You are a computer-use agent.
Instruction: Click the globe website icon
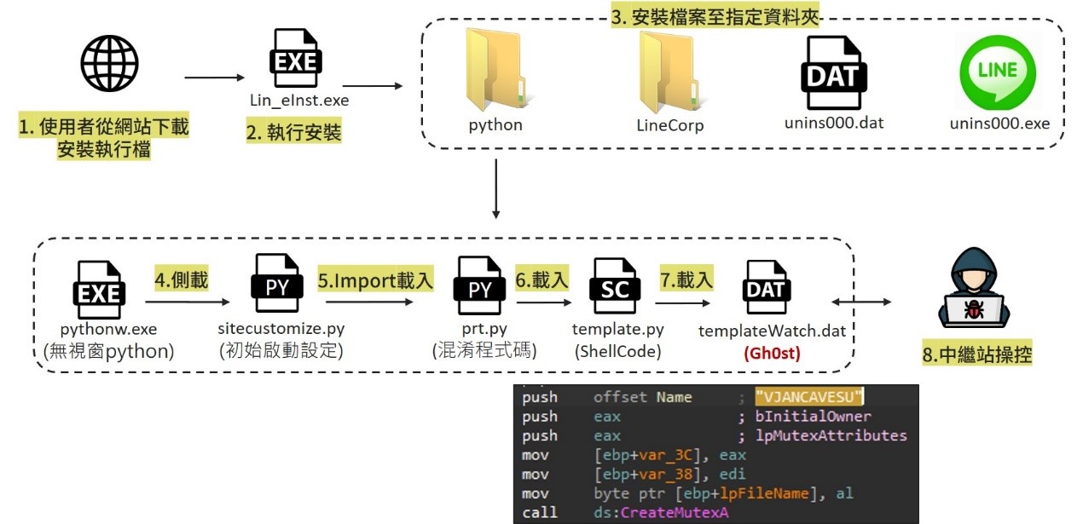109,64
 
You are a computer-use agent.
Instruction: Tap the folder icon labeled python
495,67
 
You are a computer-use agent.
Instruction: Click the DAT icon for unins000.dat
833,72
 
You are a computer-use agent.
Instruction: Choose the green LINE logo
999,71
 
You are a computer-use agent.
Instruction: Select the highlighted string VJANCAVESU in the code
809,396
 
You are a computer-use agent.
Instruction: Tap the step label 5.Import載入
376,279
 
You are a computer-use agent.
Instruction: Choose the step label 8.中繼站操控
977,354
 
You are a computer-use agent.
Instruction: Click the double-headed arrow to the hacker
862,302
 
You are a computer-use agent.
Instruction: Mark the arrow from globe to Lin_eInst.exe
214,78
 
